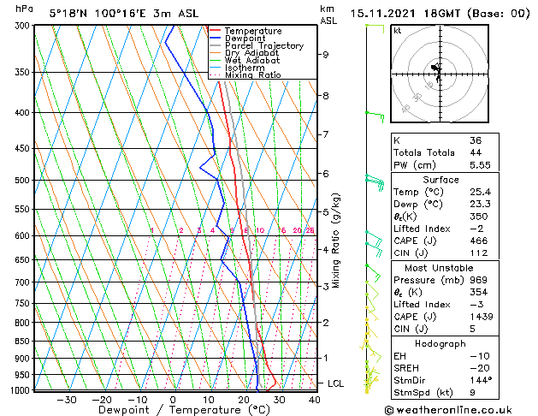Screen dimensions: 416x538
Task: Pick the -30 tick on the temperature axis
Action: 66,399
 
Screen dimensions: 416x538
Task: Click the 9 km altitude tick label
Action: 326,54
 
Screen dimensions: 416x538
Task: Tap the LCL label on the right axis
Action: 335,383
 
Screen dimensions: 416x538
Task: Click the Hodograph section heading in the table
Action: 440,343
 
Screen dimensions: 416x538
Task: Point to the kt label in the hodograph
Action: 398,30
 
